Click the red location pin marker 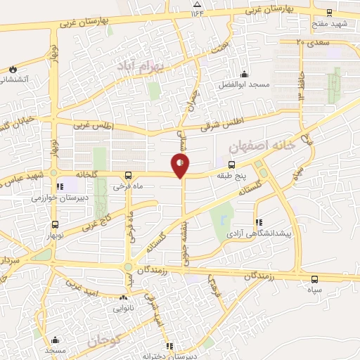coord(181,165)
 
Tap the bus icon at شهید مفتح coord(329,12)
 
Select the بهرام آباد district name coord(140,65)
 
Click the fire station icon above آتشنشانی coord(13,68)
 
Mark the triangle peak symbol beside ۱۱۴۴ coord(195,13)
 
